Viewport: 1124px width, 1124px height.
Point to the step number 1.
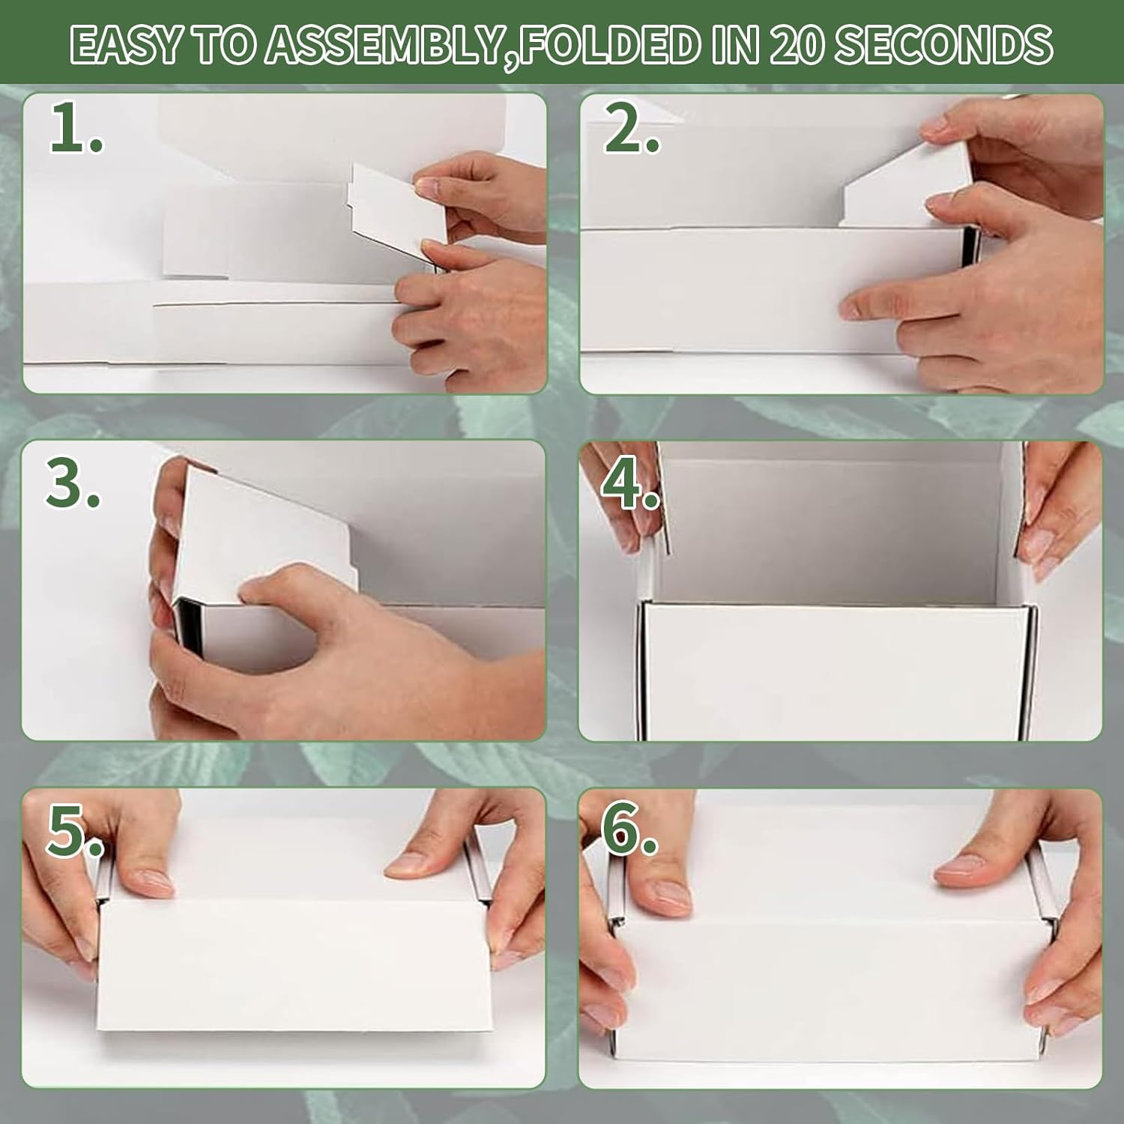coord(75,129)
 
